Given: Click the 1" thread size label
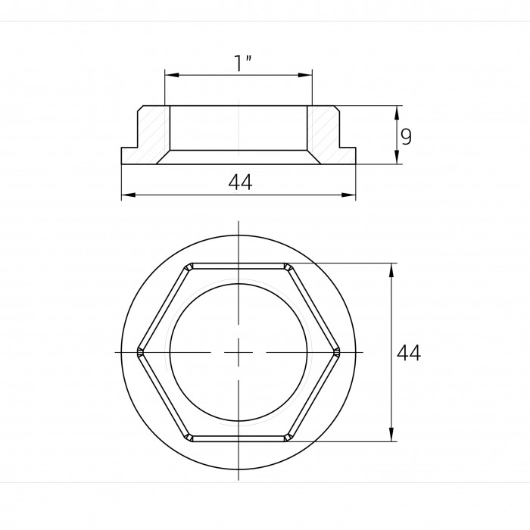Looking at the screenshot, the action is click(x=243, y=63).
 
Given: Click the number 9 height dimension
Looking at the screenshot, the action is click(x=406, y=136).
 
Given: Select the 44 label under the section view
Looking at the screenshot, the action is click(x=240, y=182).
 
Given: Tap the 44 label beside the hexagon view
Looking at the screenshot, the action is click(x=409, y=353).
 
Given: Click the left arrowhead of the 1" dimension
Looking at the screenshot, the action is click(x=172, y=75).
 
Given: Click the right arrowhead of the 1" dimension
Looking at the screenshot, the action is click(x=305, y=75).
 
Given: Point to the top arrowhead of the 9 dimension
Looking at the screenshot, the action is click(x=397, y=113).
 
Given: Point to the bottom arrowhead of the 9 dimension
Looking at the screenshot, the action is click(x=397, y=157).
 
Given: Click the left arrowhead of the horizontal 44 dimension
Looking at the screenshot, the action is click(x=129, y=195).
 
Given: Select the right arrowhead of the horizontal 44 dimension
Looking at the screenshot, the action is click(x=348, y=195).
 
